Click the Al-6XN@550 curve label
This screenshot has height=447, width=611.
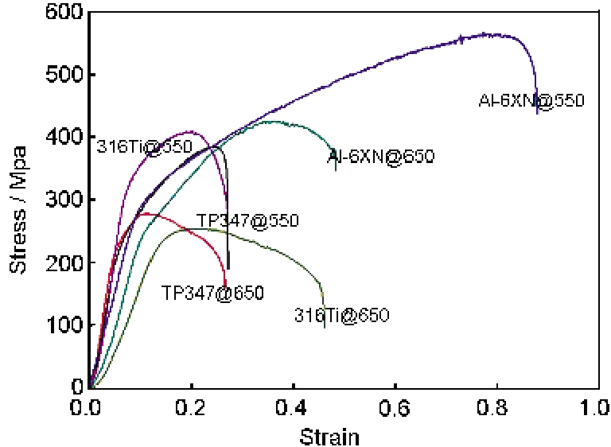[531, 101]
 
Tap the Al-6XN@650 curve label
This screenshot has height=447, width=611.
[381, 157]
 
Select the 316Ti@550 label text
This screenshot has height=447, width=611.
[145, 147]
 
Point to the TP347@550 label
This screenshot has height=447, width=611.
[247, 221]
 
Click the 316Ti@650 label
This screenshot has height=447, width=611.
[341, 315]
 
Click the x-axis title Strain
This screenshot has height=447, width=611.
[329, 436]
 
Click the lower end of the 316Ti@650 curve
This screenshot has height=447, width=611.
[324, 326]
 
